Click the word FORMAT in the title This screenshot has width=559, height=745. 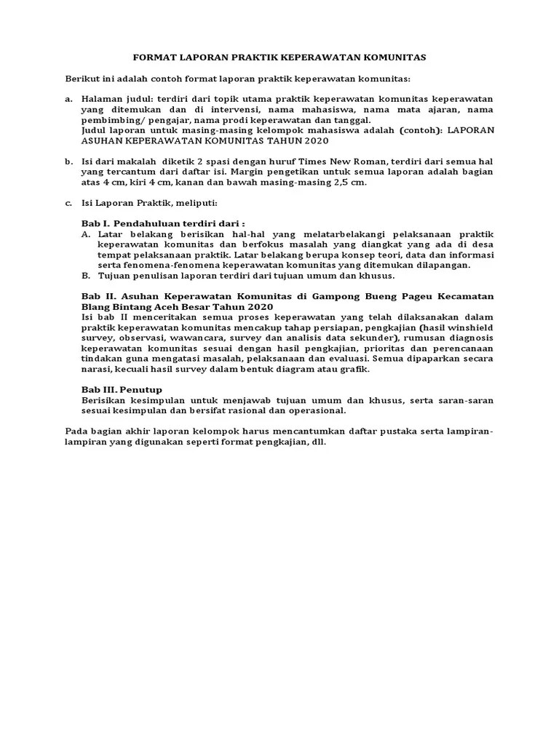tap(153, 56)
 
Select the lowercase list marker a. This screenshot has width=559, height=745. tap(68, 99)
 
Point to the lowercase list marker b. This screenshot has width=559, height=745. tap(68, 162)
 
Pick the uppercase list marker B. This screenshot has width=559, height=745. tap(85, 276)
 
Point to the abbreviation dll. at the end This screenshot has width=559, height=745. tap(318, 442)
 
